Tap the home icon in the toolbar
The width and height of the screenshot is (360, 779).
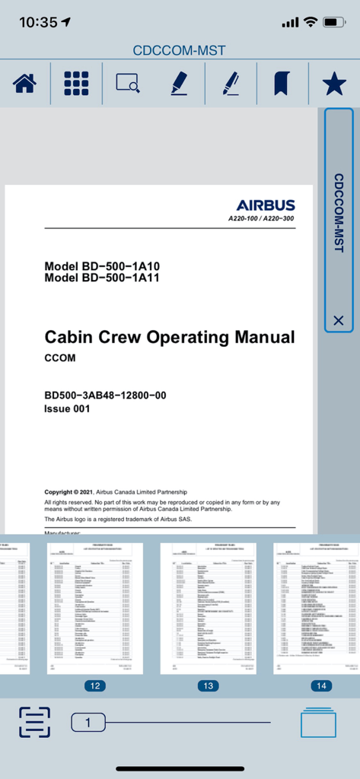[24, 84]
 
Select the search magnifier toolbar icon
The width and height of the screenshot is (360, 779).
[127, 84]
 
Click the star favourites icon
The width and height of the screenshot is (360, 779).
[333, 84]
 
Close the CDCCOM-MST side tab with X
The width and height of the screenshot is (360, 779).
[339, 320]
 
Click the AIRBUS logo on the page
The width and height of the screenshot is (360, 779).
[265, 205]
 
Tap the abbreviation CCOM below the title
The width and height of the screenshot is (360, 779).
[60, 358]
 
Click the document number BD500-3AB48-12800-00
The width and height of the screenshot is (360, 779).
[105, 396]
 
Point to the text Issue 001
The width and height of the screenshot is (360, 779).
[67, 409]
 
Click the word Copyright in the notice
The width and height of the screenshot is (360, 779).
[62, 492]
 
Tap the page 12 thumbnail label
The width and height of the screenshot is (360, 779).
[95, 685]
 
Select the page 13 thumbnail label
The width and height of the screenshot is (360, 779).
[208, 685]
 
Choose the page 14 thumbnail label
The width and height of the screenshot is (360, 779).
[321, 685]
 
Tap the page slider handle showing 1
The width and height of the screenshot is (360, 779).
[88, 722]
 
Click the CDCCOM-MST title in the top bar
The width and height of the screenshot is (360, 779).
[179, 51]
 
